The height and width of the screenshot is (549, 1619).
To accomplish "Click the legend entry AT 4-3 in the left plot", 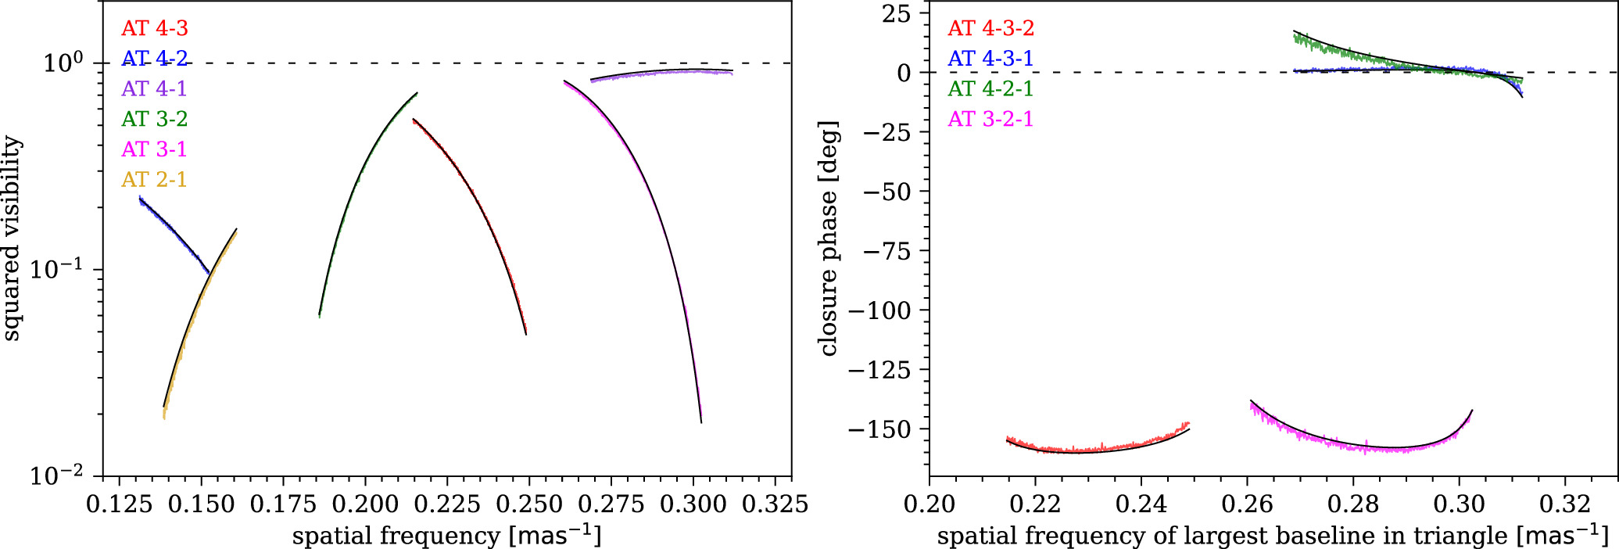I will click(154, 29).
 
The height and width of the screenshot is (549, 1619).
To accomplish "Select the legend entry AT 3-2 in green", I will click(154, 119).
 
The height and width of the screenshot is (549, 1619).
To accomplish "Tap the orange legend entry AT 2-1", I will click(154, 180).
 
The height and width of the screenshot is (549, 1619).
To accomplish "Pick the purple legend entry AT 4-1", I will click(154, 89).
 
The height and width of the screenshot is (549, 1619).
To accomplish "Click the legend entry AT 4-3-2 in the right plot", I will click(990, 29).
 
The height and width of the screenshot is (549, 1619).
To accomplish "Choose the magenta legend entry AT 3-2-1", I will click(990, 119).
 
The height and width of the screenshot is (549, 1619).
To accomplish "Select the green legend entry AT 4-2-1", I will click(990, 89).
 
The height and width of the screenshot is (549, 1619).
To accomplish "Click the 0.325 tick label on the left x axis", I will click(775, 504).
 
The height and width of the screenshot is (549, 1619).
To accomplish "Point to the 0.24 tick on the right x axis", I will click(1141, 504).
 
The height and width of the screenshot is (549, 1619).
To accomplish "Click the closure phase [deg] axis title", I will click(829, 239).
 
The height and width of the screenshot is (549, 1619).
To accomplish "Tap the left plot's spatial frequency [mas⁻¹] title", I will click(446, 536).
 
